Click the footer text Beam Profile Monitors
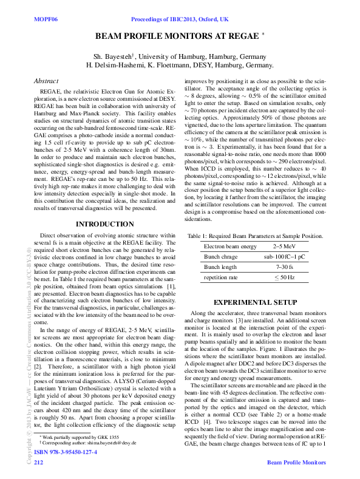coord(296,463)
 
